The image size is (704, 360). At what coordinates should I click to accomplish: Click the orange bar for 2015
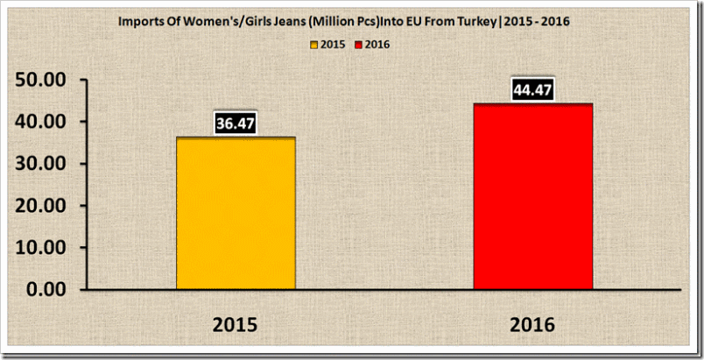[x=236, y=213]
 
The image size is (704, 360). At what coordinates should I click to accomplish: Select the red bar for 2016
[x=533, y=196]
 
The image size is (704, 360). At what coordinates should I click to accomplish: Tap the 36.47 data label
[x=236, y=124]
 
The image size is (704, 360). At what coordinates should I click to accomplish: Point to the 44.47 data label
[x=533, y=90]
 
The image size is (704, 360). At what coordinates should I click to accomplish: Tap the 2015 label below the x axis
[x=236, y=324]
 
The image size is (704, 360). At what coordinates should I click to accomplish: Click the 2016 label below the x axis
[x=533, y=324]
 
